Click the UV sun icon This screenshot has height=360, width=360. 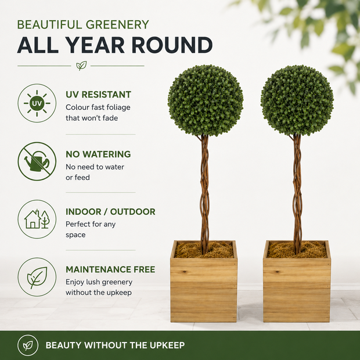pyautogui.click(x=37, y=103)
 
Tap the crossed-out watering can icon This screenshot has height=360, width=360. pyautogui.click(x=37, y=161)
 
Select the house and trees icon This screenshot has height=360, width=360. pyautogui.click(x=37, y=219)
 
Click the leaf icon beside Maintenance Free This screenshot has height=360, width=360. pyautogui.click(x=37, y=277)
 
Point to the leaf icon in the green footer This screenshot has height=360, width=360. pyautogui.click(x=28, y=345)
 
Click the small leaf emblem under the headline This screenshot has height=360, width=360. pyautogui.click(x=81, y=66)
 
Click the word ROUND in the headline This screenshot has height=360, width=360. pyautogui.click(x=172, y=45)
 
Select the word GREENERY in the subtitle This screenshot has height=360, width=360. pyautogui.click(x=117, y=24)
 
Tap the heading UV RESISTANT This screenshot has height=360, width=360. pyautogui.click(x=98, y=95)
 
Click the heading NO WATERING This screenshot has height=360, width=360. pyautogui.click(x=98, y=154)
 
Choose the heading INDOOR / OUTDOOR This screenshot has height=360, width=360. pyautogui.click(x=110, y=212)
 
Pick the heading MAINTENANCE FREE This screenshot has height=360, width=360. pyautogui.click(x=110, y=269)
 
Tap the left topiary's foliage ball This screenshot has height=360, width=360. pyautogui.click(x=206, y=100)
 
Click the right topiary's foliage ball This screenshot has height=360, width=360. pyautogui.click(x=297, y=100)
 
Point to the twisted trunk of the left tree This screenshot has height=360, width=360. pyautogui.click(x=204, y=194)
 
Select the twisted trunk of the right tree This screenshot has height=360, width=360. pyautogui.click(x=297, y=194)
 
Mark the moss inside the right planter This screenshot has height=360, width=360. pyautogui.click(x=297, y=250)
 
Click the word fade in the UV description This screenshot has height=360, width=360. pyautogui.click(x=110, y=118)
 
